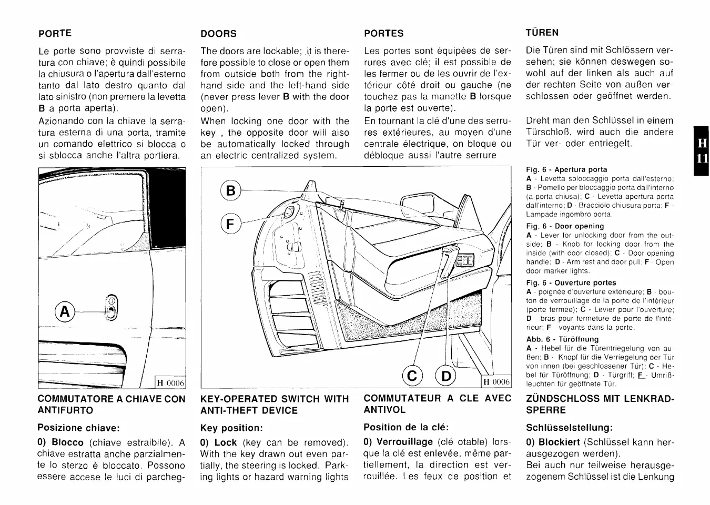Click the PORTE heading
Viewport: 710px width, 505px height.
55,33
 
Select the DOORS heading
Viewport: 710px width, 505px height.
219,33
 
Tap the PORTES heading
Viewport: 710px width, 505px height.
384,33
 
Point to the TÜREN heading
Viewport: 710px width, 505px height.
542,32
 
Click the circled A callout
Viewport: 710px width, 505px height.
65,312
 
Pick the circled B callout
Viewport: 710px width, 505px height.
230,190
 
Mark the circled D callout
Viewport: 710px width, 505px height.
447,376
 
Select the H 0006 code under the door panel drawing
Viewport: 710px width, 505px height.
496,382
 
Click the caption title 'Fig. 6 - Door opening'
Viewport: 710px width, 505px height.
565,226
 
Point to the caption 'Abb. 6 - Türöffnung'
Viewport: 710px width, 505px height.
562,339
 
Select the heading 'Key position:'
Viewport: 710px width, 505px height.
231,428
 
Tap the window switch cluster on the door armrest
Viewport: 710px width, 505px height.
466,260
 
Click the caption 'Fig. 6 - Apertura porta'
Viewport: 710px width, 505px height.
566,169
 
